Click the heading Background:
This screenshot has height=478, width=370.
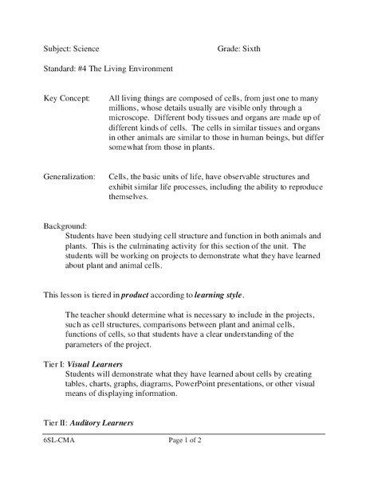(x=66, y=225)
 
